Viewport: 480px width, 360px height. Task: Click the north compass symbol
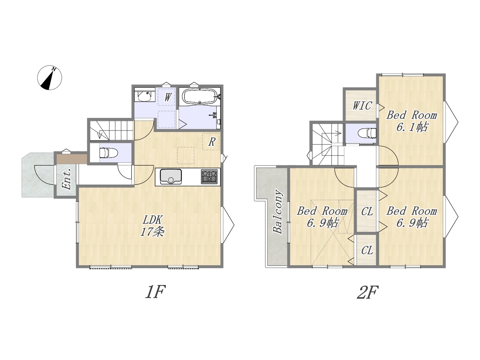49,78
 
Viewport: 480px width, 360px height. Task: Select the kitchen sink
171,177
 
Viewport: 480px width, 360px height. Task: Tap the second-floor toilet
367,133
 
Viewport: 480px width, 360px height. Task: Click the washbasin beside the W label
144,96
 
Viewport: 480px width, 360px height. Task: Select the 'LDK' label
152,220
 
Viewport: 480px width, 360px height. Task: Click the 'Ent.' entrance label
66,179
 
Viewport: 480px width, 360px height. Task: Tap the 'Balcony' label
278,212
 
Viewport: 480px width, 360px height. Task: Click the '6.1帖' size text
411,127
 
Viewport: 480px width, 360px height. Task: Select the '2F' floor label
367,292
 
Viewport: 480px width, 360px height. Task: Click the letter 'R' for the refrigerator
211,142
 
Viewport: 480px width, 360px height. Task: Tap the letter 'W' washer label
168,97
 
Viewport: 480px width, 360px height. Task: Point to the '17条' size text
152,232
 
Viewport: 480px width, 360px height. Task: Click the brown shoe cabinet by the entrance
72,159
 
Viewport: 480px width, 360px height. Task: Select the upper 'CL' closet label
367,211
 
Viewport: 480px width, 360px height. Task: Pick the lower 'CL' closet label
367,251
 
